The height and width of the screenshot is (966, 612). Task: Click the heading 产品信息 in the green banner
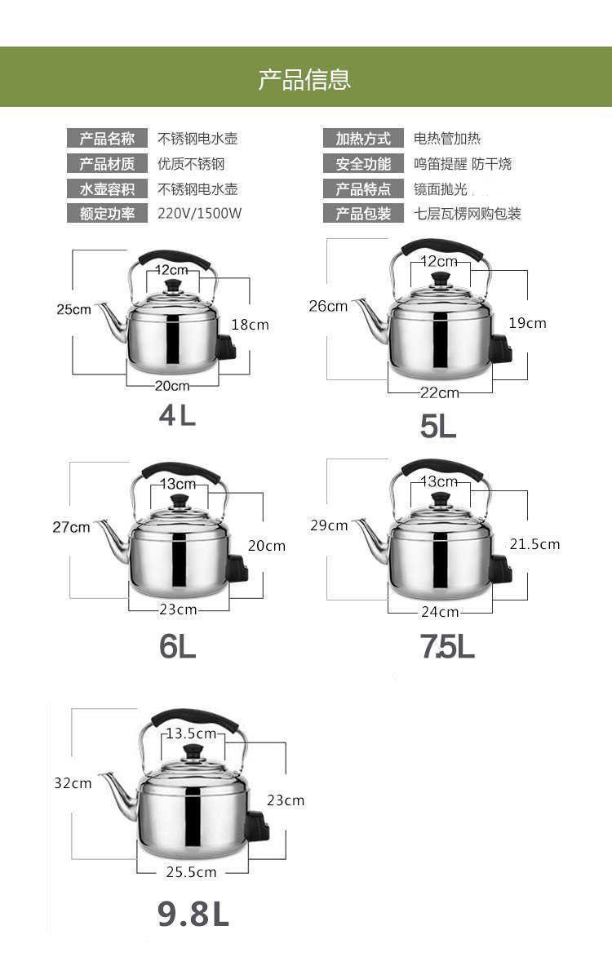(304, 79)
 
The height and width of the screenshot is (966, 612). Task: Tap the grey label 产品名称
(107, 139)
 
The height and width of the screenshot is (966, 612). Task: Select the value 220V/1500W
(200, 214)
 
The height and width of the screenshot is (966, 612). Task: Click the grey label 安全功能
(363, 164)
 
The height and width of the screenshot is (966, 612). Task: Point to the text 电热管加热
(447, 139)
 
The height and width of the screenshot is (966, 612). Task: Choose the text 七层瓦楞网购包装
(468, 214)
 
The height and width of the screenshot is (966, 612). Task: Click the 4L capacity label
(178, 415)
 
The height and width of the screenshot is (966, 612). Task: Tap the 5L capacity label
(438, 425)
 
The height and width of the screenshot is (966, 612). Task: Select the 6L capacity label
(178, 646)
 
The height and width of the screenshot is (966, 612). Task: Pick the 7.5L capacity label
(447, 646)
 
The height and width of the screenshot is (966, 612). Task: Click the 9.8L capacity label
(193, 914)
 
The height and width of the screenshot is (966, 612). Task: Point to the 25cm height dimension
(73, 309)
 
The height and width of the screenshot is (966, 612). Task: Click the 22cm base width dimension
(440, 393)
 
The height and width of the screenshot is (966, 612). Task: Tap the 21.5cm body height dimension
(534, 544)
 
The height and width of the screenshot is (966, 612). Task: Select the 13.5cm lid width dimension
(191, 733)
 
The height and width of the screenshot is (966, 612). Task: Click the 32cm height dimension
(73, 783)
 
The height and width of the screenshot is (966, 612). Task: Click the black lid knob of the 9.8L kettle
(193, 751)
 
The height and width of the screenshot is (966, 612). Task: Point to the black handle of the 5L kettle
(441, 247)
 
